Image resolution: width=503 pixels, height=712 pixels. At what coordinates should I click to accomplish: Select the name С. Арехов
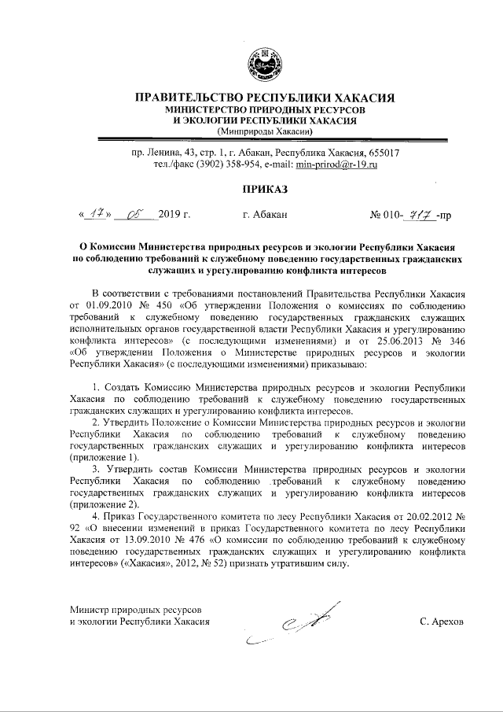442,621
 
